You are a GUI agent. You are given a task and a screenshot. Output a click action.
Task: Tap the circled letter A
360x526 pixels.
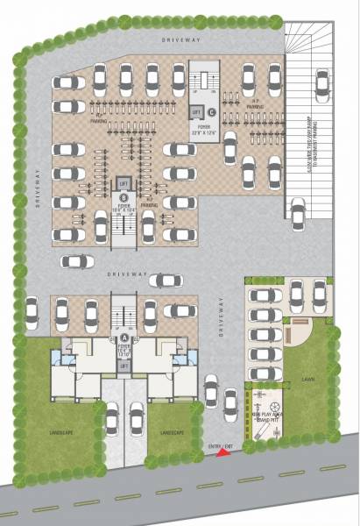(x=124, y=336)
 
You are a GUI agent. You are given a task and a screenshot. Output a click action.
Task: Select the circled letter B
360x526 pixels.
(x=124, y=198)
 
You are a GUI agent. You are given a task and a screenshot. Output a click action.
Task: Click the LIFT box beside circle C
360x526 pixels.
(x=197, y=112)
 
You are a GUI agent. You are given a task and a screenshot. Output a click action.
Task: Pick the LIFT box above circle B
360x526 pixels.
(x=124, y=183)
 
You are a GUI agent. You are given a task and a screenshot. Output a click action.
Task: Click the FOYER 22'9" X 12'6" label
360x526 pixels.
(x=204, y=131)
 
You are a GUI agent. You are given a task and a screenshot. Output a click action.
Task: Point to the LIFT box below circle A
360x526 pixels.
(x=124, y=365)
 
